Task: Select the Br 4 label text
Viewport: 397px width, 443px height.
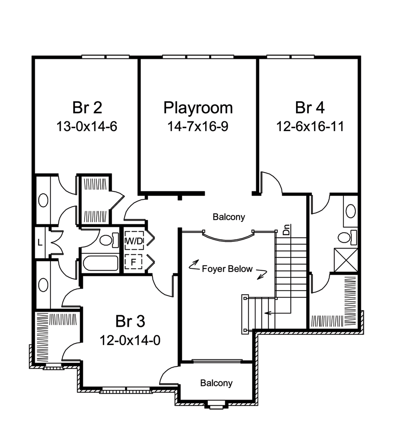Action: (310, 108)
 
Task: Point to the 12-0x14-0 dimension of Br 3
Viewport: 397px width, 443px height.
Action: (130, 340)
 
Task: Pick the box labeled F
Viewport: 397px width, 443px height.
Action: (132, 262)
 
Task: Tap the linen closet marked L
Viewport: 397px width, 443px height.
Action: (39, 242)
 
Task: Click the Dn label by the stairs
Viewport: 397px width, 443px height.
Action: (286, 230)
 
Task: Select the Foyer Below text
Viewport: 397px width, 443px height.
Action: (227, 269)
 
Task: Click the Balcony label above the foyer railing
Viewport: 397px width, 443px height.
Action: (229, 218)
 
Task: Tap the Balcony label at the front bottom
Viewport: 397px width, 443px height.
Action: (216, 383)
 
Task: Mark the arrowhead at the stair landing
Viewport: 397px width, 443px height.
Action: (266, 313)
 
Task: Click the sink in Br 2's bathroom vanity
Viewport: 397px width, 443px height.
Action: (43, 200)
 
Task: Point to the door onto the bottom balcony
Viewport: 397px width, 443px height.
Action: (170, 377)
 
